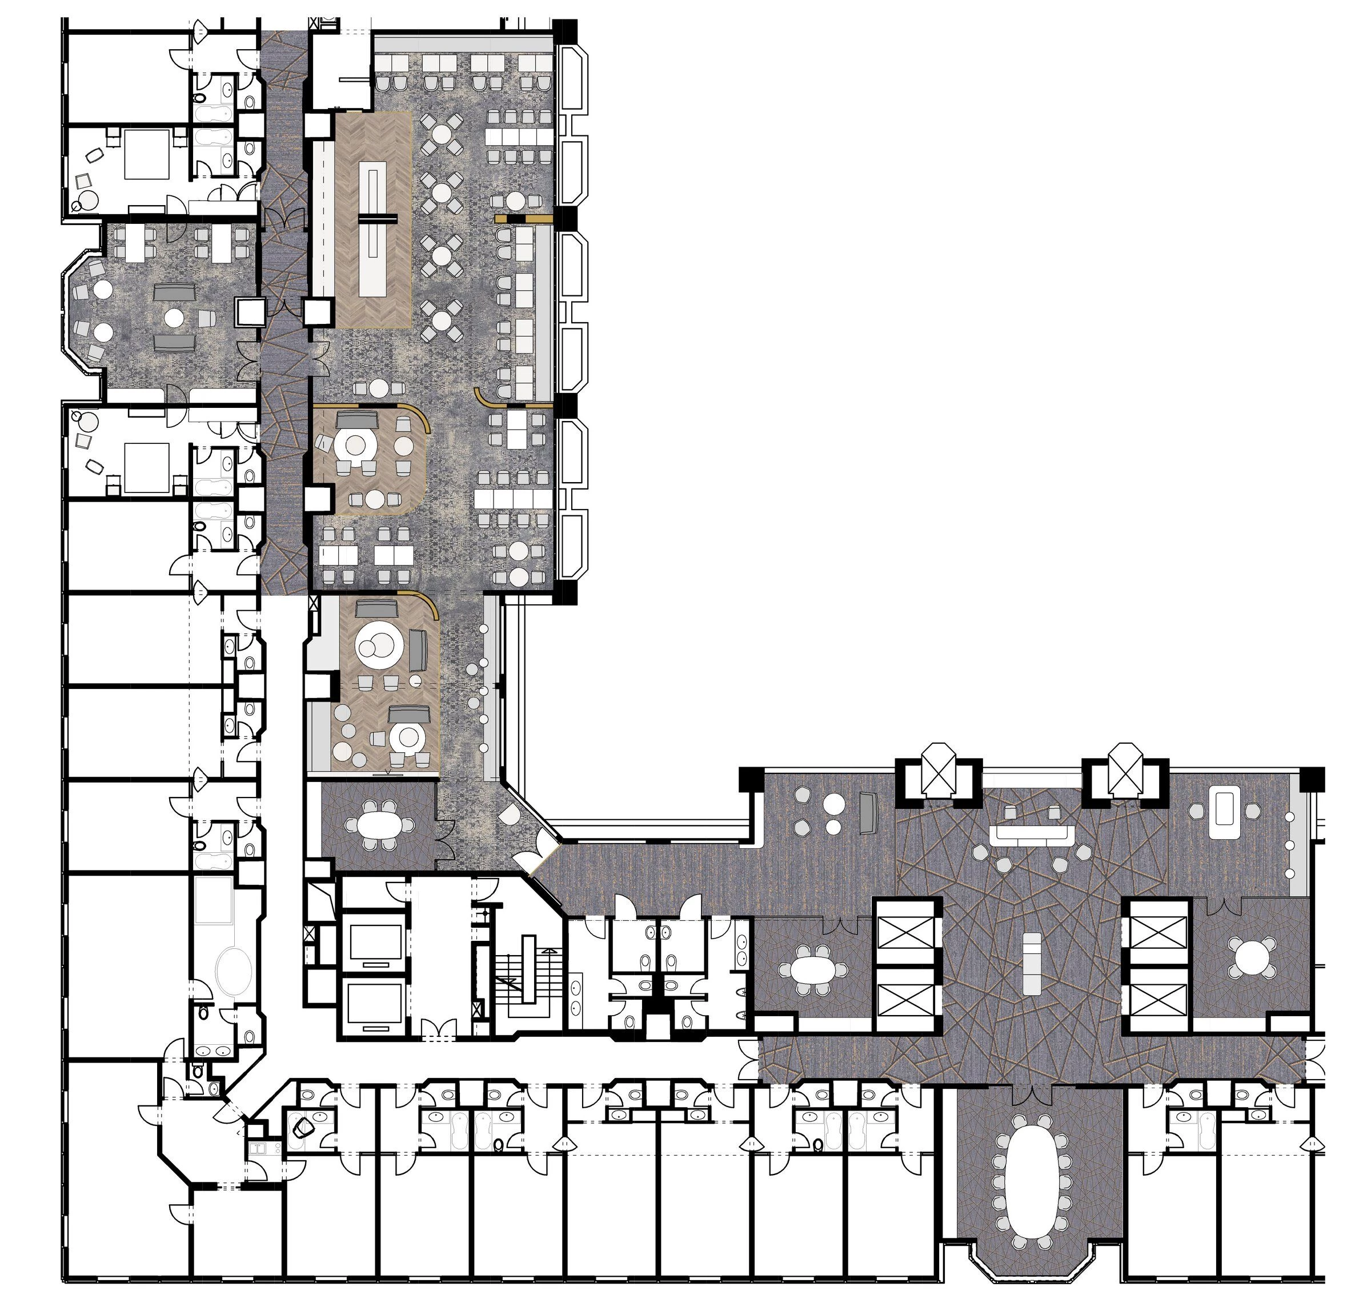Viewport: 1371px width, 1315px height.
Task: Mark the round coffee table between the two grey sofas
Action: pyautogui.click(x=174, y=318)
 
